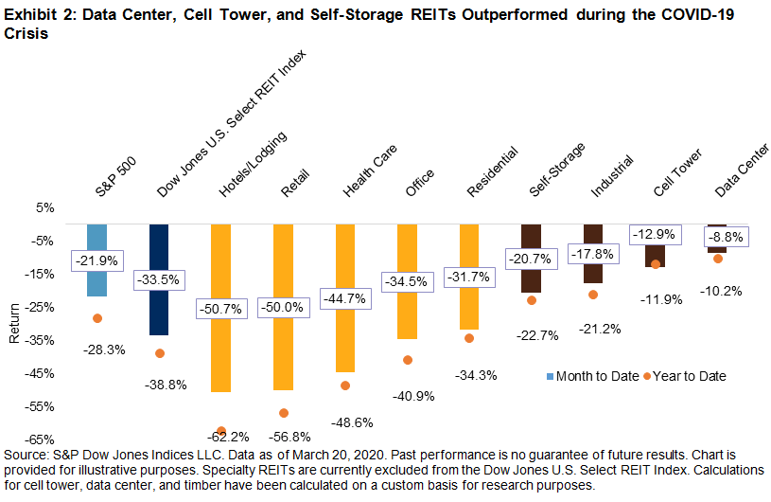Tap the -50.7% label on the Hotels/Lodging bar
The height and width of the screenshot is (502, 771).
[220, 309]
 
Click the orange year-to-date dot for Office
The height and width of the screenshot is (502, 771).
[407, 360]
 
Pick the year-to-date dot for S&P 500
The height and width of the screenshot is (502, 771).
[96, 318]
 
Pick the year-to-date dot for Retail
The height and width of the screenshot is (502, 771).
[283, 413]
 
